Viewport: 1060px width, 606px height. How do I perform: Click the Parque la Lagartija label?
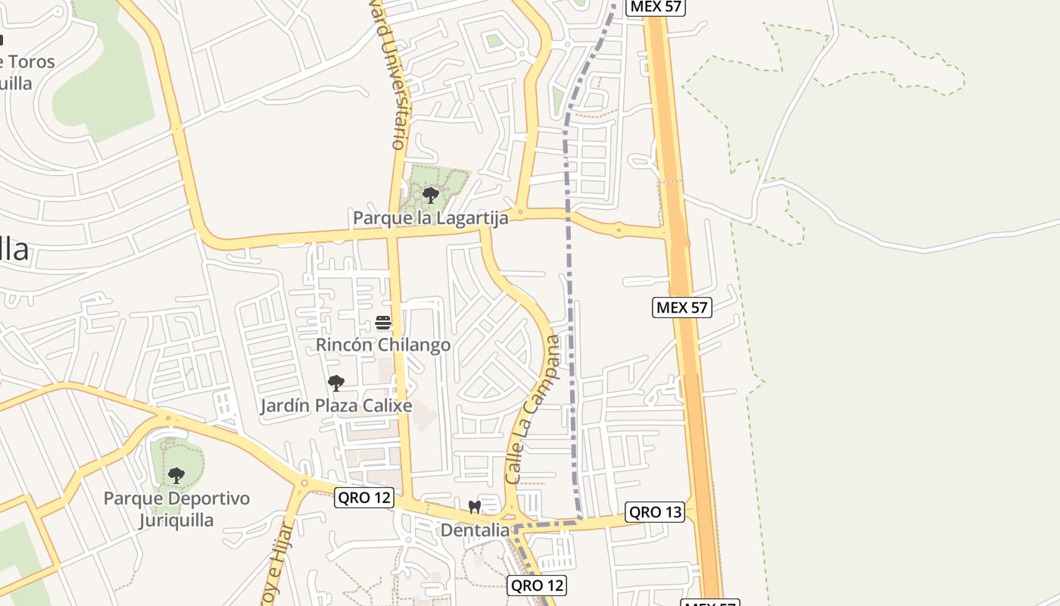pyautogui.click(x=430, y=218)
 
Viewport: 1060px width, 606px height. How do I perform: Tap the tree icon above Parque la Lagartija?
pyautogui.click(x=431, y=195)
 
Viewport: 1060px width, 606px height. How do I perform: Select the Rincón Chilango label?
pyautogui.click(x=382, y=345)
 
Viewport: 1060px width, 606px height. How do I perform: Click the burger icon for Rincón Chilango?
pyautogui.click(x=382, y=323)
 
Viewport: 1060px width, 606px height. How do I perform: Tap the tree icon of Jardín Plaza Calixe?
pyautogui.click(x=335, y=383)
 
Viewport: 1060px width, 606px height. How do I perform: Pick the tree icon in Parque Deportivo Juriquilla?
pyautogui.click(x=176, y=476)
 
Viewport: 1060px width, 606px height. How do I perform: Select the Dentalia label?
pyautogui.click(x=475, y=530)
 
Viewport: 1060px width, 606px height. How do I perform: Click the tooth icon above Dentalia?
pyautogui.click(x=475, y=508)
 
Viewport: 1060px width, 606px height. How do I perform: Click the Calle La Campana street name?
pyautogui.click(x=535, y=409)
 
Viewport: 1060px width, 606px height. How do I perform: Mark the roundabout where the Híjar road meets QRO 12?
pyautogui.click(x=304, y=483)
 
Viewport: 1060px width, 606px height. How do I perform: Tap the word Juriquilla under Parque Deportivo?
pyautogui.click(x=176, y=520)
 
